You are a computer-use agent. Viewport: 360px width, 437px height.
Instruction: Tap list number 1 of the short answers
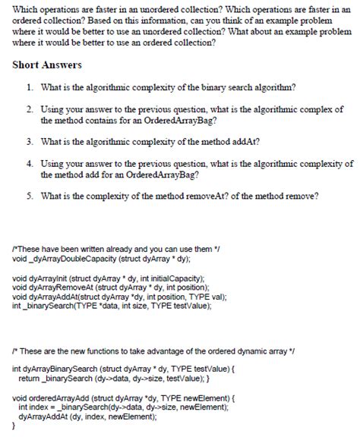pos(29,87)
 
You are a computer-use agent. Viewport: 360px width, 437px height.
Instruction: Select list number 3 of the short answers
pos(29,142)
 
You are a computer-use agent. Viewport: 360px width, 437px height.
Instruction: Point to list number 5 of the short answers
pos(29,196)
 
